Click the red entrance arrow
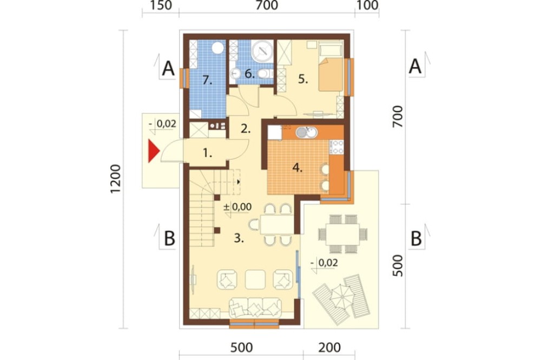tap(154, 151)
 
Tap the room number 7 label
tap(207, 81)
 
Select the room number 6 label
tap(249, 74)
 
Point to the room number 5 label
tap(303, 79)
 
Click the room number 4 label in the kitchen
tap(298, 168)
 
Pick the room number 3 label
tap(239, 238)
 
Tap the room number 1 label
tap(207, 153)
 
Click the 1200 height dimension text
tap(116, 179)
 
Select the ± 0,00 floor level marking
tap(237, 207)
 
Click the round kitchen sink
tap(306, 132)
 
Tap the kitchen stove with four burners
tap(337, 146)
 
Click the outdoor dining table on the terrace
tap(342, 234)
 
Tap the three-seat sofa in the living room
tap(255, 308)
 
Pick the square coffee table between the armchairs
tap(255, 279)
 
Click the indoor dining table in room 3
tap(276, 224)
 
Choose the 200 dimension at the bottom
tap(329, 348)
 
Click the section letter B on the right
tap(416, 238)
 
